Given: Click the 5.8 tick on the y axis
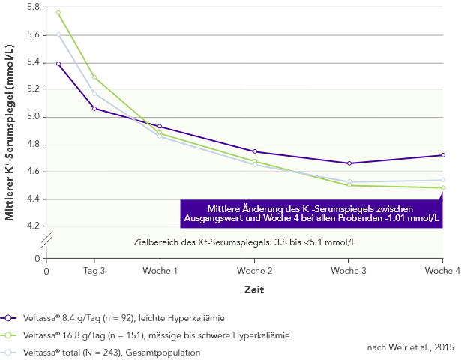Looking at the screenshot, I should click(32, 7).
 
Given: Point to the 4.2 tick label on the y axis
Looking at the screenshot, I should click(32, 226).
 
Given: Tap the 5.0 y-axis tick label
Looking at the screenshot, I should click(32, 117).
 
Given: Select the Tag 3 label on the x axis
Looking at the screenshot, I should click(94, 270).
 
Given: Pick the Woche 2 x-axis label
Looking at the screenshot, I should click(255, 270).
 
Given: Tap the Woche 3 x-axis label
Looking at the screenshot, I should click(349, 270).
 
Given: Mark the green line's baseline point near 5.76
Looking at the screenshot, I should click(58, 13).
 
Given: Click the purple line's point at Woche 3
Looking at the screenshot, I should click(349, 163).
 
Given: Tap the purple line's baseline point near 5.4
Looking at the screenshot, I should click(58, 64).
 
